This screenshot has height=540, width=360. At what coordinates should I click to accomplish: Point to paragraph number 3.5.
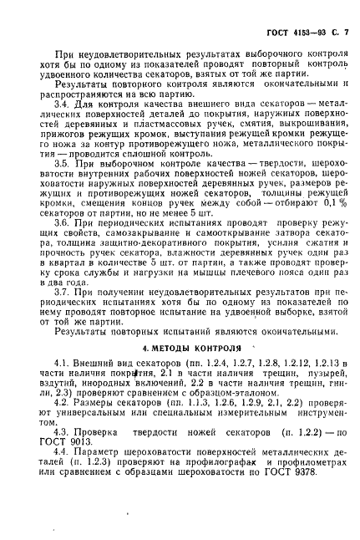click(63, 164)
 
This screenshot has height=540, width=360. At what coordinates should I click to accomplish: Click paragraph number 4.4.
click(63, 452)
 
